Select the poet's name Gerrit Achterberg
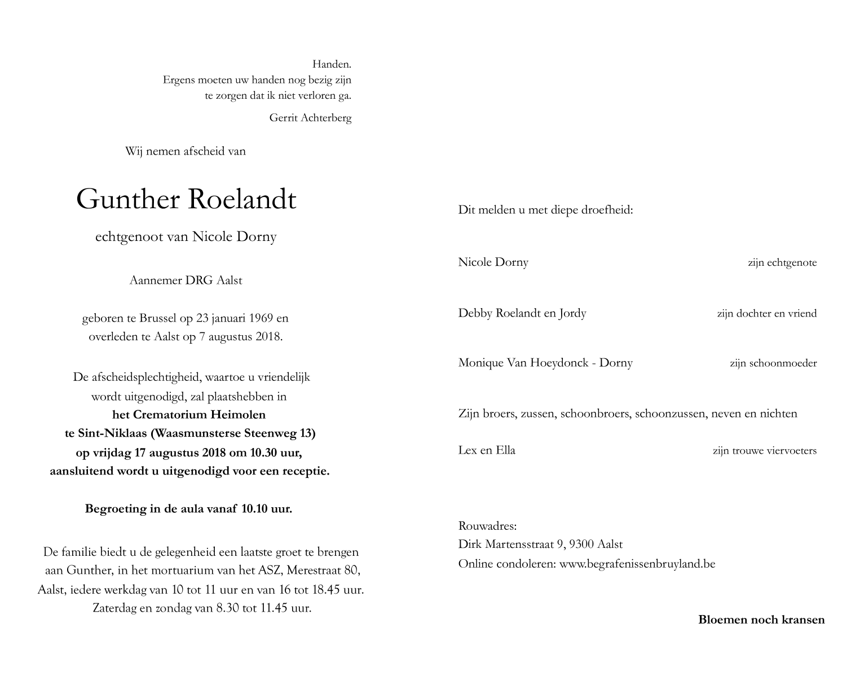pos(310,118)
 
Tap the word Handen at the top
pos(332,64)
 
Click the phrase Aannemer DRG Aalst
pos(186,280)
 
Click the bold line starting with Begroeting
pos(188,509)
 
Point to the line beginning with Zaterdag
pos(201,608)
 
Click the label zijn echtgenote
pos(782,262)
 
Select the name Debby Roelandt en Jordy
pos(522,313)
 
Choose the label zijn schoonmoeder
pos(773,363)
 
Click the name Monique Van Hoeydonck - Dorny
pos(545,363)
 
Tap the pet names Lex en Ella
pos(487,450)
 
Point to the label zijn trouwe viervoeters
pos(764,451)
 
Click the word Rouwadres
pos(487,526)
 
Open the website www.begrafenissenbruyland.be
pos(637,564)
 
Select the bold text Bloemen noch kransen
pos(761,620)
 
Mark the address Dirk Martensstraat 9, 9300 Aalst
pos(540,545)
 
